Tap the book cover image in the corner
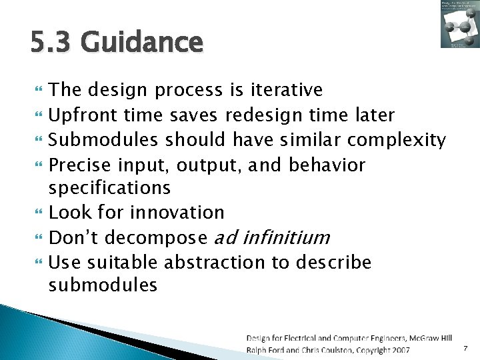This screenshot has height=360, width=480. pos(459,25)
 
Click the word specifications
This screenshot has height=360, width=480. pos(110,189)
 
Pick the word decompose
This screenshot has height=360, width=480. pos(157,237)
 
